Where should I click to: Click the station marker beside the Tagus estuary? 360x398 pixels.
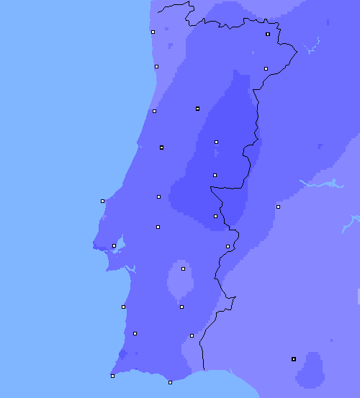click(x=114, y=245)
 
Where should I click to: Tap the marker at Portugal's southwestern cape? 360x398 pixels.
click(x=112, y=376)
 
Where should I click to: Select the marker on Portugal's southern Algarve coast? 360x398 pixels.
click(x=170, y=382)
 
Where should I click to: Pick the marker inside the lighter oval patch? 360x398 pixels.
click(x=183, y=268)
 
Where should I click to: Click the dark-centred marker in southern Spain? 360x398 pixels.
click(x=293, y=358)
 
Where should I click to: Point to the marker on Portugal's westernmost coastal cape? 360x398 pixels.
click(x=102, y=201)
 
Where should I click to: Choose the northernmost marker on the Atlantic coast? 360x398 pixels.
click(x=153, y=32)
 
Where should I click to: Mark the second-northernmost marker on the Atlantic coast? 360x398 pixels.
click(x=156, y=66)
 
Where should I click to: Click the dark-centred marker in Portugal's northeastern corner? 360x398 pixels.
click(x=268, y=34)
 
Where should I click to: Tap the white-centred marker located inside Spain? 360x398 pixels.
click(x=278, y=207)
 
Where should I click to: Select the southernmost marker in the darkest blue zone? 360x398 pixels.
click(x=215, y=216)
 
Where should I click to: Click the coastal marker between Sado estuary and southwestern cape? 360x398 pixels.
click(x=123, y=307)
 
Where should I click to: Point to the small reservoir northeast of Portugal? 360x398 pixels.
click(x=312, y=49)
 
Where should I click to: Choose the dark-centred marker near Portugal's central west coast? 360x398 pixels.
click(x=161, y=148)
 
